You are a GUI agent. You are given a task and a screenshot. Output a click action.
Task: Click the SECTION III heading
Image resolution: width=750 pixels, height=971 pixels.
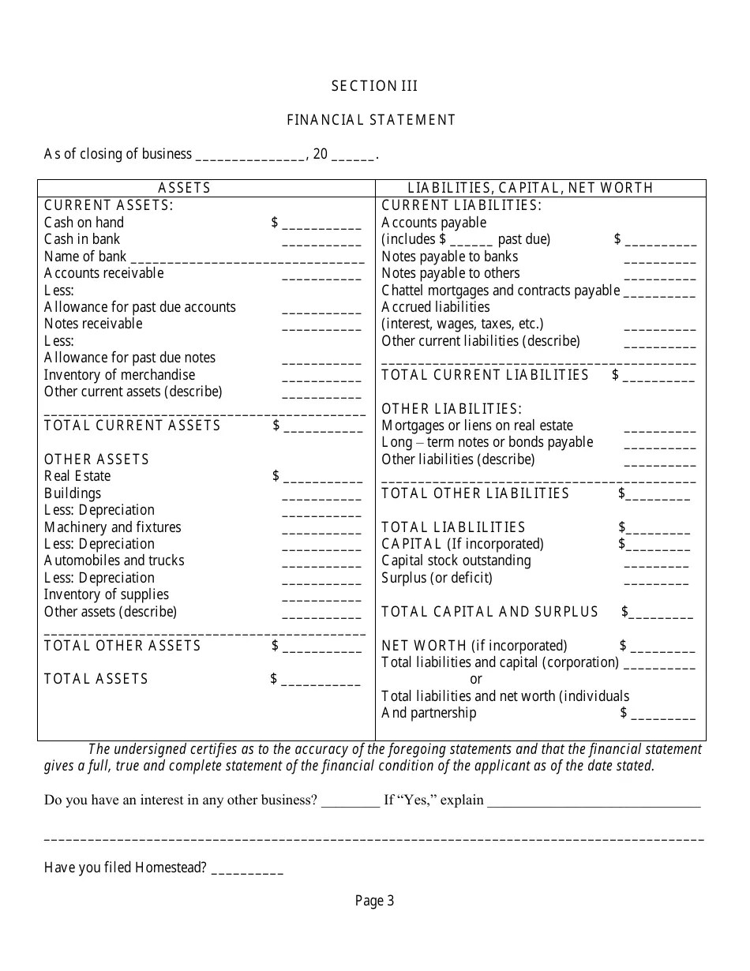pyautogui.click(x=374, y=86)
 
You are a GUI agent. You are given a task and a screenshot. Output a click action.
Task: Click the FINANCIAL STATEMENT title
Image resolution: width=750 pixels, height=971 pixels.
pyautogui.click(x=371, y=120)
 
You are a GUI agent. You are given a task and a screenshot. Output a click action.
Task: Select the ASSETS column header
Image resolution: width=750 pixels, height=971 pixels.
pyautogui.click(x=185, y=188)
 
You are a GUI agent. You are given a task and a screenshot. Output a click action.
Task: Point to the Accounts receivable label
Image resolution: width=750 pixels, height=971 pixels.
pyautogui.click(x=103, y=273)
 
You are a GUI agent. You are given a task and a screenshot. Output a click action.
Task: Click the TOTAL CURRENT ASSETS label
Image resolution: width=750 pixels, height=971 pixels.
pyautogui.click(x=132, y=426)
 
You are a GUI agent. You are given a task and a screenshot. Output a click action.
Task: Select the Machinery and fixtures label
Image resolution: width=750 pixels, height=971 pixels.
pyautogui.click(x=112, y=527)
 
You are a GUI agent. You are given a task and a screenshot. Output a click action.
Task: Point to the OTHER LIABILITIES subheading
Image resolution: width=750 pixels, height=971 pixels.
pyautogui.click(x=452, y=409)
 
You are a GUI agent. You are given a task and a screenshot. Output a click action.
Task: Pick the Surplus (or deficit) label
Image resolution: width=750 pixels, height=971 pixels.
pyautogui.click(x=437, y=578)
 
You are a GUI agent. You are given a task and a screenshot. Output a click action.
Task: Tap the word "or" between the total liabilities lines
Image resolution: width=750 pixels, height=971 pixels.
pyautogui.click(x=476, y=679)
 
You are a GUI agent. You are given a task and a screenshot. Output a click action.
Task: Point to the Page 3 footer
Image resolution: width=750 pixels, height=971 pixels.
pyautogui.click(x=374, y=901)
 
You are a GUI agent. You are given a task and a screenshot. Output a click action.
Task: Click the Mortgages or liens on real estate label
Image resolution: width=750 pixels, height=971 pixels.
pyautogui.click(x=477, y=426)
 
